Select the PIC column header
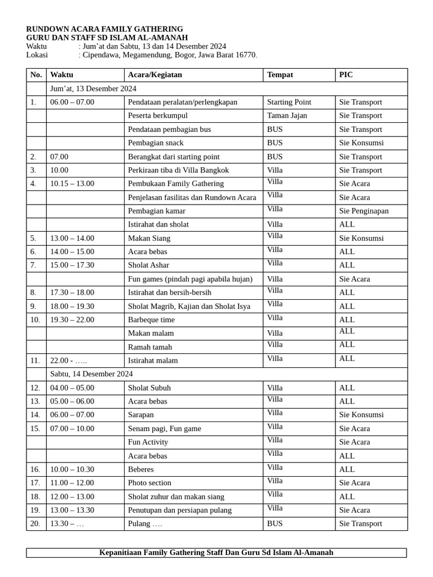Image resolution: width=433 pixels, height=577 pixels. tap(346, 75)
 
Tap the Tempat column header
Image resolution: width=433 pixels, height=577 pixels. tap(280, 75)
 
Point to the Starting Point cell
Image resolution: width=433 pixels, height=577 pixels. tap(289, 102)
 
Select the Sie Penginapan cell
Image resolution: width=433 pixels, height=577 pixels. tap(364, 211)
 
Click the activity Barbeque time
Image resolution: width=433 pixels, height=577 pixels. tap(151, 319)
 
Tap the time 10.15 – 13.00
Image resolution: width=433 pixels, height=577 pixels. tap(72, 184)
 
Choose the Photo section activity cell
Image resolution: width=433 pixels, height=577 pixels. tap(149, 483)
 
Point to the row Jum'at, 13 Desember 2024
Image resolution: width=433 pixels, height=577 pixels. tap(93, 88)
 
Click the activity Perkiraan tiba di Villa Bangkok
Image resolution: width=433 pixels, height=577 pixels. tap(178, 170)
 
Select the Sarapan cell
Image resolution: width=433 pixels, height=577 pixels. tap(141, 415)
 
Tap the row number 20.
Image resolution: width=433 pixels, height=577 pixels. tap(36, 523)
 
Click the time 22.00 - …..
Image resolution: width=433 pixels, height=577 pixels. tap(68, 361)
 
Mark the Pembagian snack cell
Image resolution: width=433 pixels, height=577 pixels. tap(156, 143)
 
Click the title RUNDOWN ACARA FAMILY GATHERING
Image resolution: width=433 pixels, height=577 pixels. tap(104, 29)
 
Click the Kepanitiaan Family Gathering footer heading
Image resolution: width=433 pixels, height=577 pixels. tap(216, 553)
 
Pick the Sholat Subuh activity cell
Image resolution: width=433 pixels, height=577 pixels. tap(149, 388)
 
